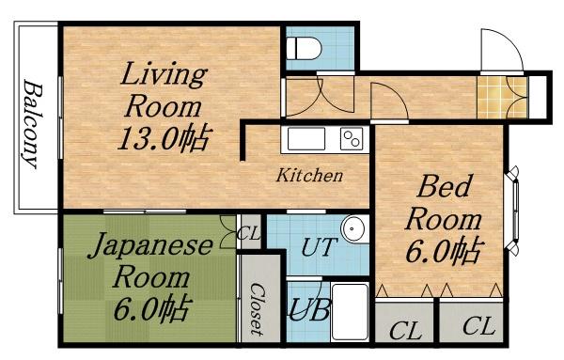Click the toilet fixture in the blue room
click(304, 48)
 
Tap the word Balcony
click(32, 124)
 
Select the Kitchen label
click(309, 176)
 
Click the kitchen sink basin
click(306, 138)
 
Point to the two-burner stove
click(352, 138)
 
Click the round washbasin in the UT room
click(353, 228)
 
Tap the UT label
click(320, 247)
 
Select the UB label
click(309, 310)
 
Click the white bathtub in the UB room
click(350, 311)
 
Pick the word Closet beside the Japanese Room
click(258, 309)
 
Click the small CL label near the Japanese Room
click(249, 234)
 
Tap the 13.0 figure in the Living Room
click(148, 139)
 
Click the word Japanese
click(150, 246)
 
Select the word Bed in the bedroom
click(444, 185)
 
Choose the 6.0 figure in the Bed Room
click(429, 251)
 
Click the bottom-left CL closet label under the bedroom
click(405, 330)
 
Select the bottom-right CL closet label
click(478, 326)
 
